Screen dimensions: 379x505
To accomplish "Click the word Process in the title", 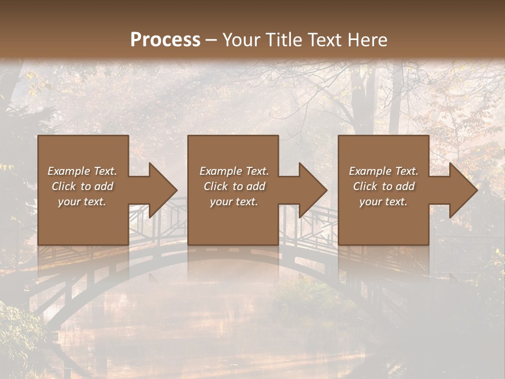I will [x=165, y=40].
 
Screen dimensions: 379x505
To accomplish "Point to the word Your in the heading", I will [x=240, y=40].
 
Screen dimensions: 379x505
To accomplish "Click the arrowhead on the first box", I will [x=161, y=190].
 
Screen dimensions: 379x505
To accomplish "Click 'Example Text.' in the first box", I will [x=82, y=171].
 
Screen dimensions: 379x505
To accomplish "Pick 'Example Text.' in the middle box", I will [x=234, y=171].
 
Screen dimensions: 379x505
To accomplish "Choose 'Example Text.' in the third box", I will [x=383, y=171].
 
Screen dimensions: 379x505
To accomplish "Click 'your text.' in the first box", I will [x=82, y=202].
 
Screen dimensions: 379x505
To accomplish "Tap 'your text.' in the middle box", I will [x=234, y=202].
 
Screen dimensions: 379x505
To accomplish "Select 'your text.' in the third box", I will [x=383, y=202].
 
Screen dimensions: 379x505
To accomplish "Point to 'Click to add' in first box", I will [x=82, y=186].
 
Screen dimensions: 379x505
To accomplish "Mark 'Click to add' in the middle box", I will [x=234, y=186].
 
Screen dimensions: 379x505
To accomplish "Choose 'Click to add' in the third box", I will [x=383, y=186].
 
